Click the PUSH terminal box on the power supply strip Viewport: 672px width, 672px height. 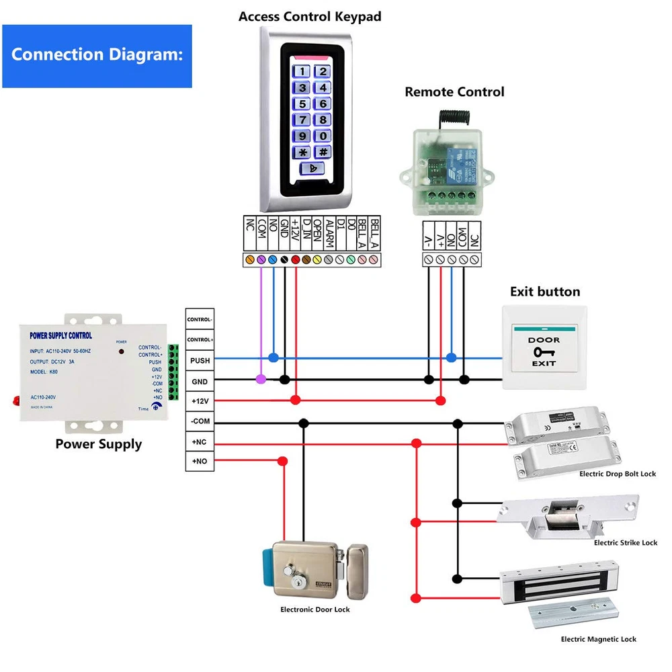click(200, 360)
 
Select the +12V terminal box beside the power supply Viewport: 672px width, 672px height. click(200, 401)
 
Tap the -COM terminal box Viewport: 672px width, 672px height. click(200, 422)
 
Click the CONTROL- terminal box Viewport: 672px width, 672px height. click(200, 319)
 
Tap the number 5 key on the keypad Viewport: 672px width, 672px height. click(303, 103)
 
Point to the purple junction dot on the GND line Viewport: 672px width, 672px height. click(261, 380)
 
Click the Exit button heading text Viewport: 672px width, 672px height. click(544, 292)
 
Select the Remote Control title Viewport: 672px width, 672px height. click(454, 92)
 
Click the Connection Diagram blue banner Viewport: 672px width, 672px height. click(97, 56)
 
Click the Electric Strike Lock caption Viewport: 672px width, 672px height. click(625, 542)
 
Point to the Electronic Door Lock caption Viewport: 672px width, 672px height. click(314, 610)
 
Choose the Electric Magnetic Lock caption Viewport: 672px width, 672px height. click(598, 639)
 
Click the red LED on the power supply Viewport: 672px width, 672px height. click(121, 351)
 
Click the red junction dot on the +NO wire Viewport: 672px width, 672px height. click(283, 461)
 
